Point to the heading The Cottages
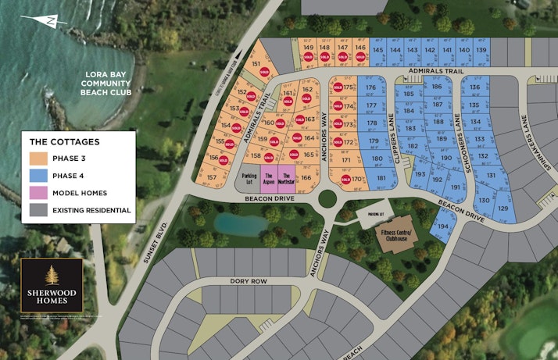65,142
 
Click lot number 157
212,178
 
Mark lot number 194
442,226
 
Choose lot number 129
503,208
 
